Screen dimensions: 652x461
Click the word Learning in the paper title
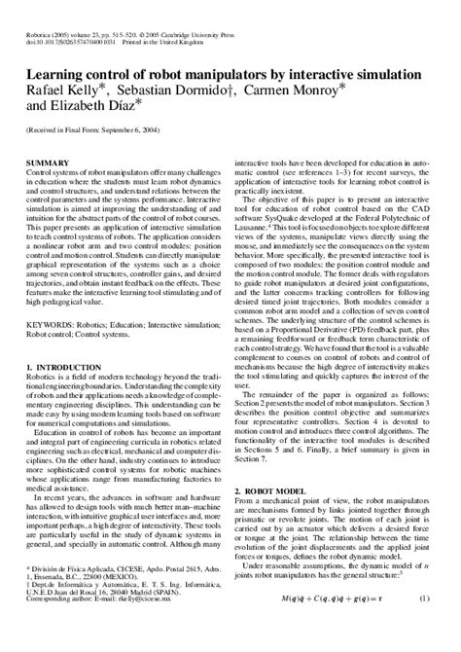pos(57,74)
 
